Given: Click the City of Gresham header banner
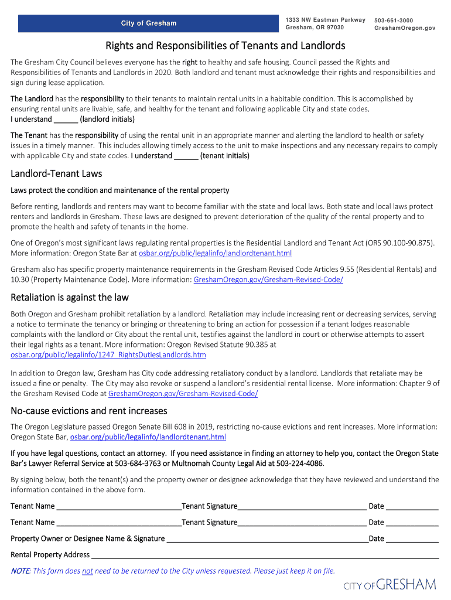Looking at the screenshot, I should tap(148, 23).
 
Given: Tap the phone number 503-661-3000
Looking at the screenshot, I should tap(394, 21).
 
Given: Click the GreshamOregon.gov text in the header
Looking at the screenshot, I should tap(405, 28).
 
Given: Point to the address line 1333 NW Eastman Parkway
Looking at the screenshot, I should tap(325, 21).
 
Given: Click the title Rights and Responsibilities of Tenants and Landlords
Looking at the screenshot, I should tap(225, 46).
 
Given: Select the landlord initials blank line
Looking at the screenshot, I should tap(66, 120).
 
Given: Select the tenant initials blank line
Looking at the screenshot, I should tap(186, 156).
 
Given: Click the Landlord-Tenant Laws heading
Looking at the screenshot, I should tap(56, 173).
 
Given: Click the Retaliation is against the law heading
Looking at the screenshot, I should tap(70, 297).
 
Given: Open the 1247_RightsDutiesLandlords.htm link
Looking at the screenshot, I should tap(108, 355).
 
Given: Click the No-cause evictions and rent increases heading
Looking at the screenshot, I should tap(89, 410).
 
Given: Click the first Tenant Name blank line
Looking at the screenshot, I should tap(119, 506).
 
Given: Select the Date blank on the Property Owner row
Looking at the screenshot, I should tap(412, 538).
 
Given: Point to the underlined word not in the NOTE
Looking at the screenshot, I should tap(87, 571).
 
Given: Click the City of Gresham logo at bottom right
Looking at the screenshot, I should tap(389, 585).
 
